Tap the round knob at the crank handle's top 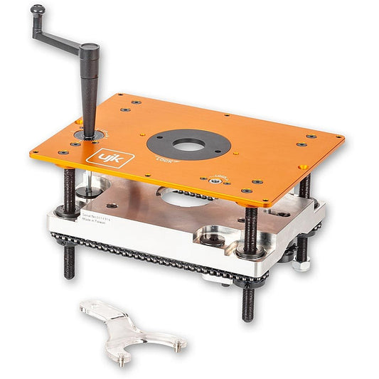[37, 10]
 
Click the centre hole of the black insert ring [188, 142]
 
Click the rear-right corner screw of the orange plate [311, 137]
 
